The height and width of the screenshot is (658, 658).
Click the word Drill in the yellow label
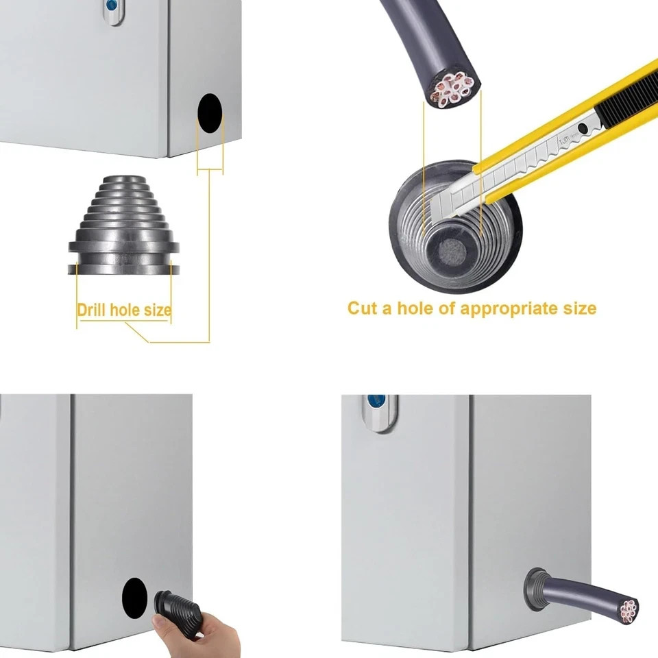[91, 310]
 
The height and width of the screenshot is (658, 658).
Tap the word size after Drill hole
[158, 310]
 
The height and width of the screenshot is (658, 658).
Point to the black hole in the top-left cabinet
[210, 114]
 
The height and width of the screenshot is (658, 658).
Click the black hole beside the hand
[135, 598]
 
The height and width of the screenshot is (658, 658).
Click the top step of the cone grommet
[123, 180]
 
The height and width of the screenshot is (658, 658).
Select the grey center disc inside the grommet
[452, 251]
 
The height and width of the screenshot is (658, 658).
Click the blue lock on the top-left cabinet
[112, 5]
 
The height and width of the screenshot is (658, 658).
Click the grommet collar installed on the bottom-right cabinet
[535, 589]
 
